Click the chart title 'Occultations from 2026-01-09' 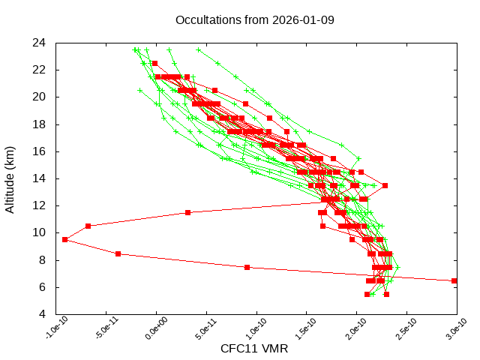pyautogui.click(x=254, y=19)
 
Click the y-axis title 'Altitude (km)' pyautogui.click(x=10, y=178)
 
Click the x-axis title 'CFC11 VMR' pyautogui.click(x=254, y=349)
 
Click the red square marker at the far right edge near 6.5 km pyautogui.click(x=454, y=280)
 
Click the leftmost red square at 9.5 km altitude pyautogui.click(x=65, y=239)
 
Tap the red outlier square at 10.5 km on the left pyautogui.click(x=88, y=226)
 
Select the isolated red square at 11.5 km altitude pyautogui.click(x=188, y=212)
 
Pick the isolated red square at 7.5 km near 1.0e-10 pyautogui.click(x=247, y=267)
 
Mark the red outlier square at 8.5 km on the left pyautogui.click(x=118, y=253)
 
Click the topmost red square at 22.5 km pyautogui.click(x=154, y=63)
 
